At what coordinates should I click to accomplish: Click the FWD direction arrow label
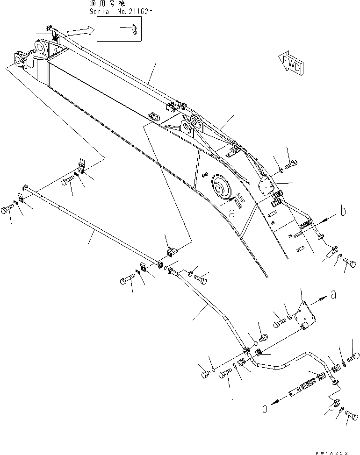click(x=290, y=64)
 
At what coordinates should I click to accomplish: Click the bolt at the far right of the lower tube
click(x=355, y=356)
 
